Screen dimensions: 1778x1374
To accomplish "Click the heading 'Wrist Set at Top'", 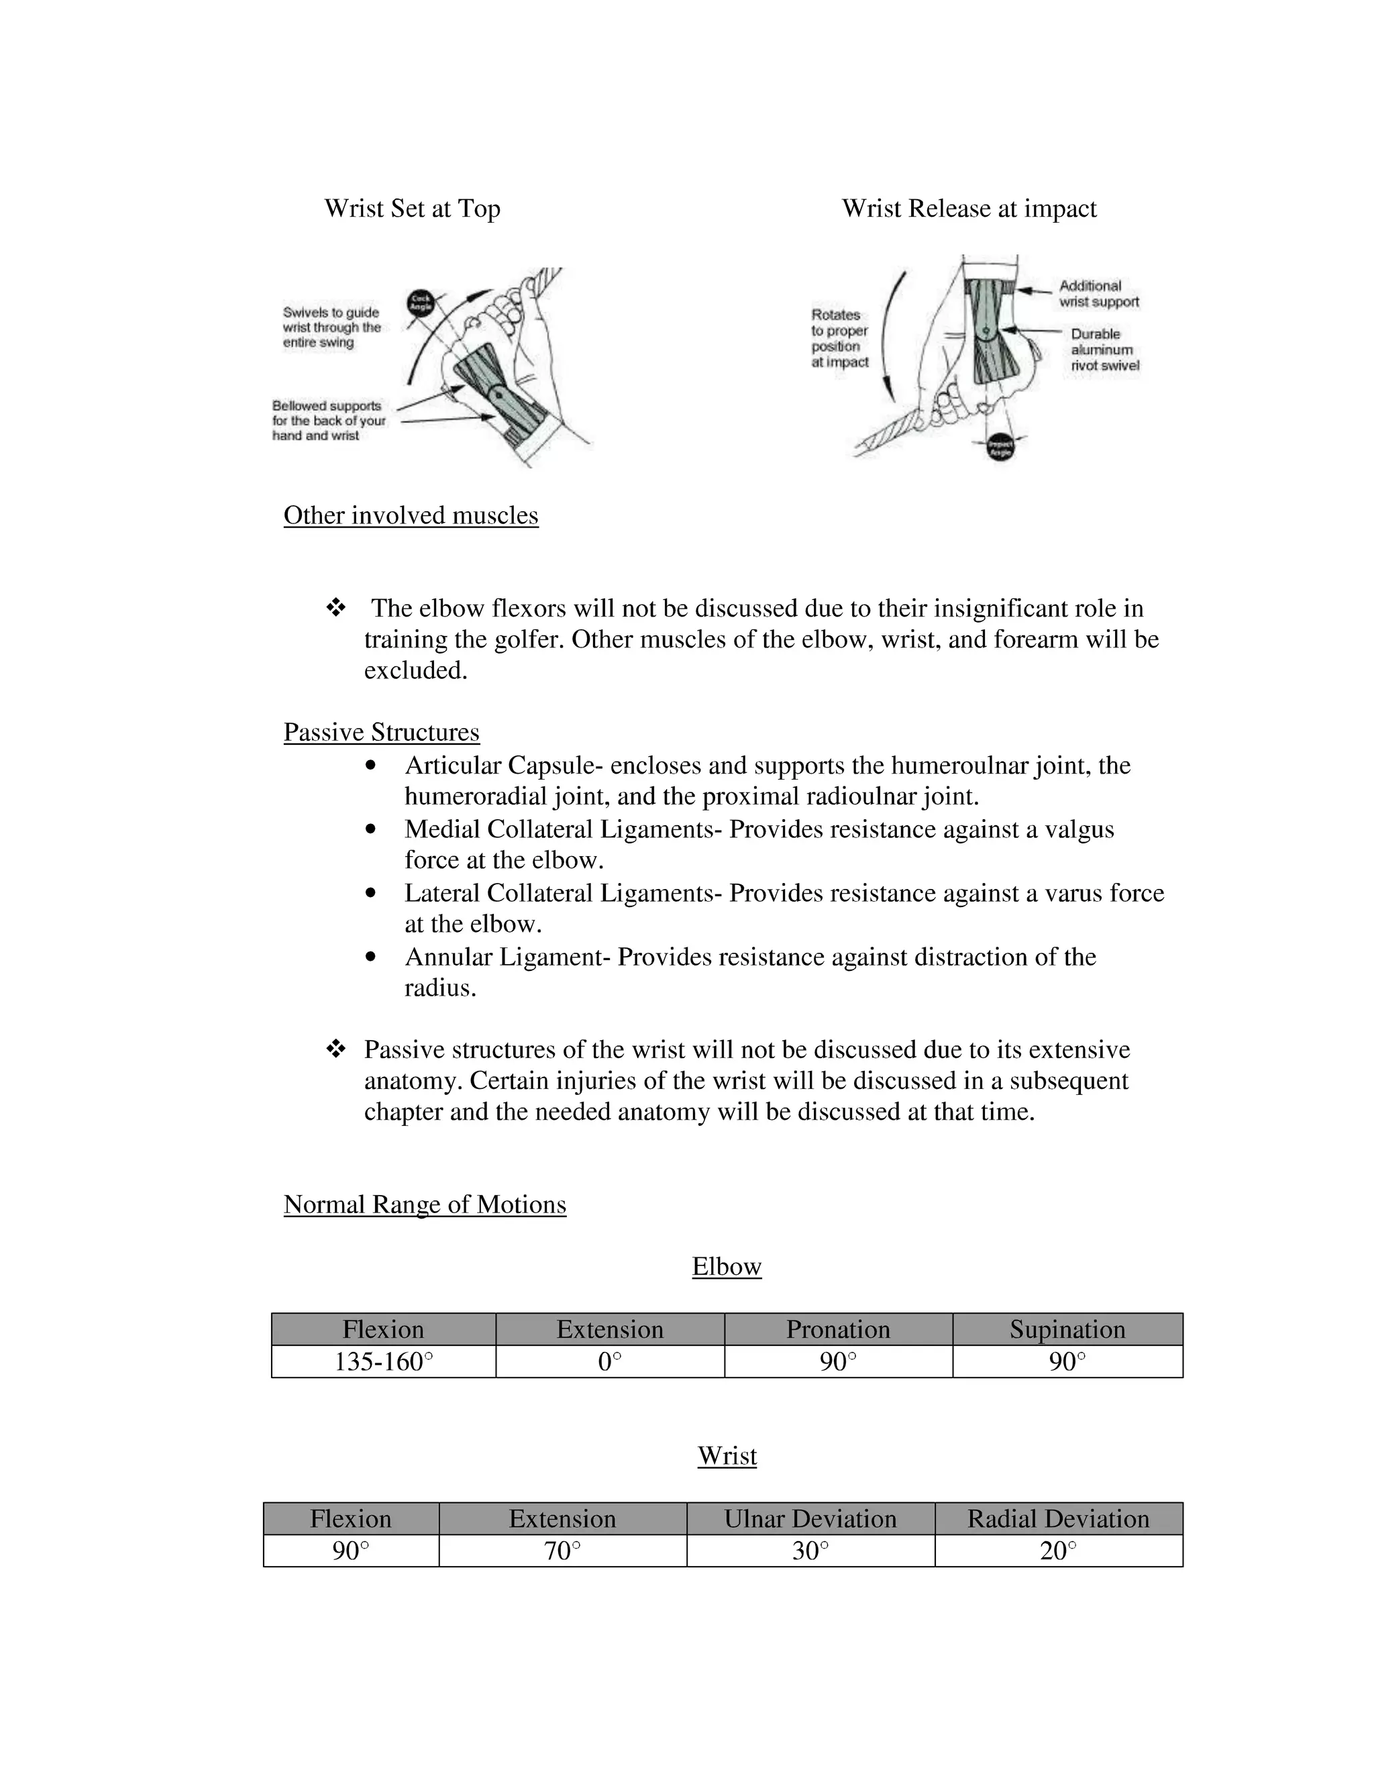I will (412, 209).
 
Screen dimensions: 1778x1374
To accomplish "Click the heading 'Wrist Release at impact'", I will (969, 209).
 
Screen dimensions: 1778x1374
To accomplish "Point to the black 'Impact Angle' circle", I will (1000, 446).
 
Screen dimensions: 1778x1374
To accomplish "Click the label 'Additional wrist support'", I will (1098, 294).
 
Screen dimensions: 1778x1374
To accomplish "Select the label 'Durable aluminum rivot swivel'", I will (1104, 350).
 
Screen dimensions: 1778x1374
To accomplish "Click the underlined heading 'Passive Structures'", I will (381, 732).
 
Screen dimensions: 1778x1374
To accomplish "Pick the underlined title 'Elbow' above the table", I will (726, 1266).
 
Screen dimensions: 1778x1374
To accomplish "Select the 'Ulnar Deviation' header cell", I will (810, 1518).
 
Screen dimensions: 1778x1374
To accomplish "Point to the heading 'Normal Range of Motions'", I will (424, 1204).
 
